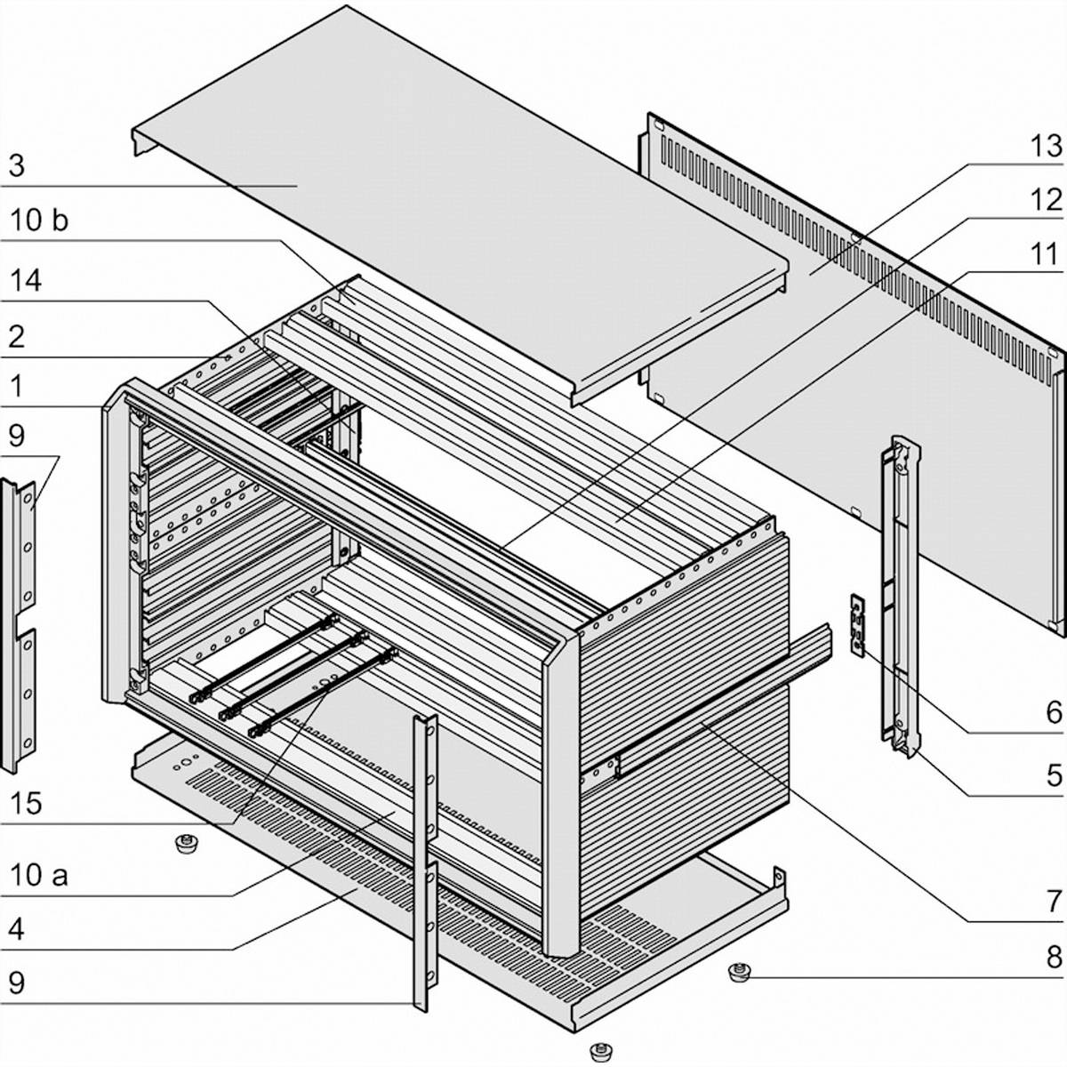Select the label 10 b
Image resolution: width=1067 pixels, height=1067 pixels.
pyautogui.click(x=38, y=220)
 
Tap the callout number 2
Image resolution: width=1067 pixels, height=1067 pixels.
pyautogui.click(x=17, y=336)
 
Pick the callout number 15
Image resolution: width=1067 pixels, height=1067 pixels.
pyautogui.click(x=26, y=803)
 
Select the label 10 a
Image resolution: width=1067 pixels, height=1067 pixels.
pyautogui.click(x=39, y=875)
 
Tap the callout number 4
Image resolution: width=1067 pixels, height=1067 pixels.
pyautogui.click(x=17, y=930)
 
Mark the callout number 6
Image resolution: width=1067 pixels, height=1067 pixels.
pyautogui.click(x=1053, y=712)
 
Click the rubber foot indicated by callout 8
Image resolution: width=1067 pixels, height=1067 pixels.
pyautogui.click(x=737, y=972)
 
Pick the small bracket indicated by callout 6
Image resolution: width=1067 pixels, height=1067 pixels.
pyautogui.click(x=857, y=625)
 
